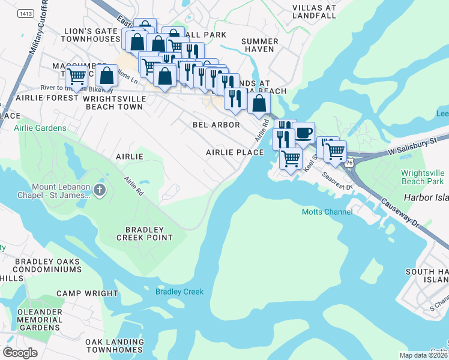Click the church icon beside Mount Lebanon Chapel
[100, 191]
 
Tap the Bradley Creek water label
[179, 292]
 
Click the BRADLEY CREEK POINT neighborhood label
[148, 233]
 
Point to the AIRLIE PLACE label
[235, 152]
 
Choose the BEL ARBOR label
[216, 125]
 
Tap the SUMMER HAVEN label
[259, 46]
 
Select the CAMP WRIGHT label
[87, 293]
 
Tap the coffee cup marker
[303, 132]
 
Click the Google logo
[20, 353]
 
